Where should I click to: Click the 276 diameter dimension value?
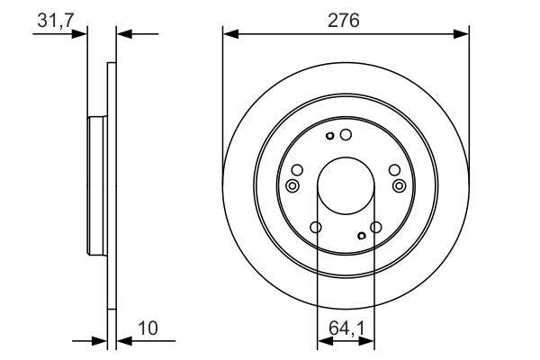click(346, 20)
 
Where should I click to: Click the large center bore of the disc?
click(346, 184)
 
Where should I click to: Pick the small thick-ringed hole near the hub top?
click(331, 137)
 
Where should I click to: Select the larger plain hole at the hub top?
click(346, 134)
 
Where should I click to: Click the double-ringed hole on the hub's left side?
click(292, 185)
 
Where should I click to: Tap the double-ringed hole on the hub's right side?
click(400, 185)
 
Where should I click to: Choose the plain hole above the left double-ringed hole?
click(298, 169)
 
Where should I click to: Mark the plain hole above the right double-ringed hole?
click(393, 169)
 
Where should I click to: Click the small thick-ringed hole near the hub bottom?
click(361, 236)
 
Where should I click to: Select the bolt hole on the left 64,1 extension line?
click(316, 229)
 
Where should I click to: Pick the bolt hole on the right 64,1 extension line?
click(376, 229)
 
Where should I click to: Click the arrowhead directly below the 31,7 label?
click(81, 34)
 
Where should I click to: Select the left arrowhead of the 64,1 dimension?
click(321, 341)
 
